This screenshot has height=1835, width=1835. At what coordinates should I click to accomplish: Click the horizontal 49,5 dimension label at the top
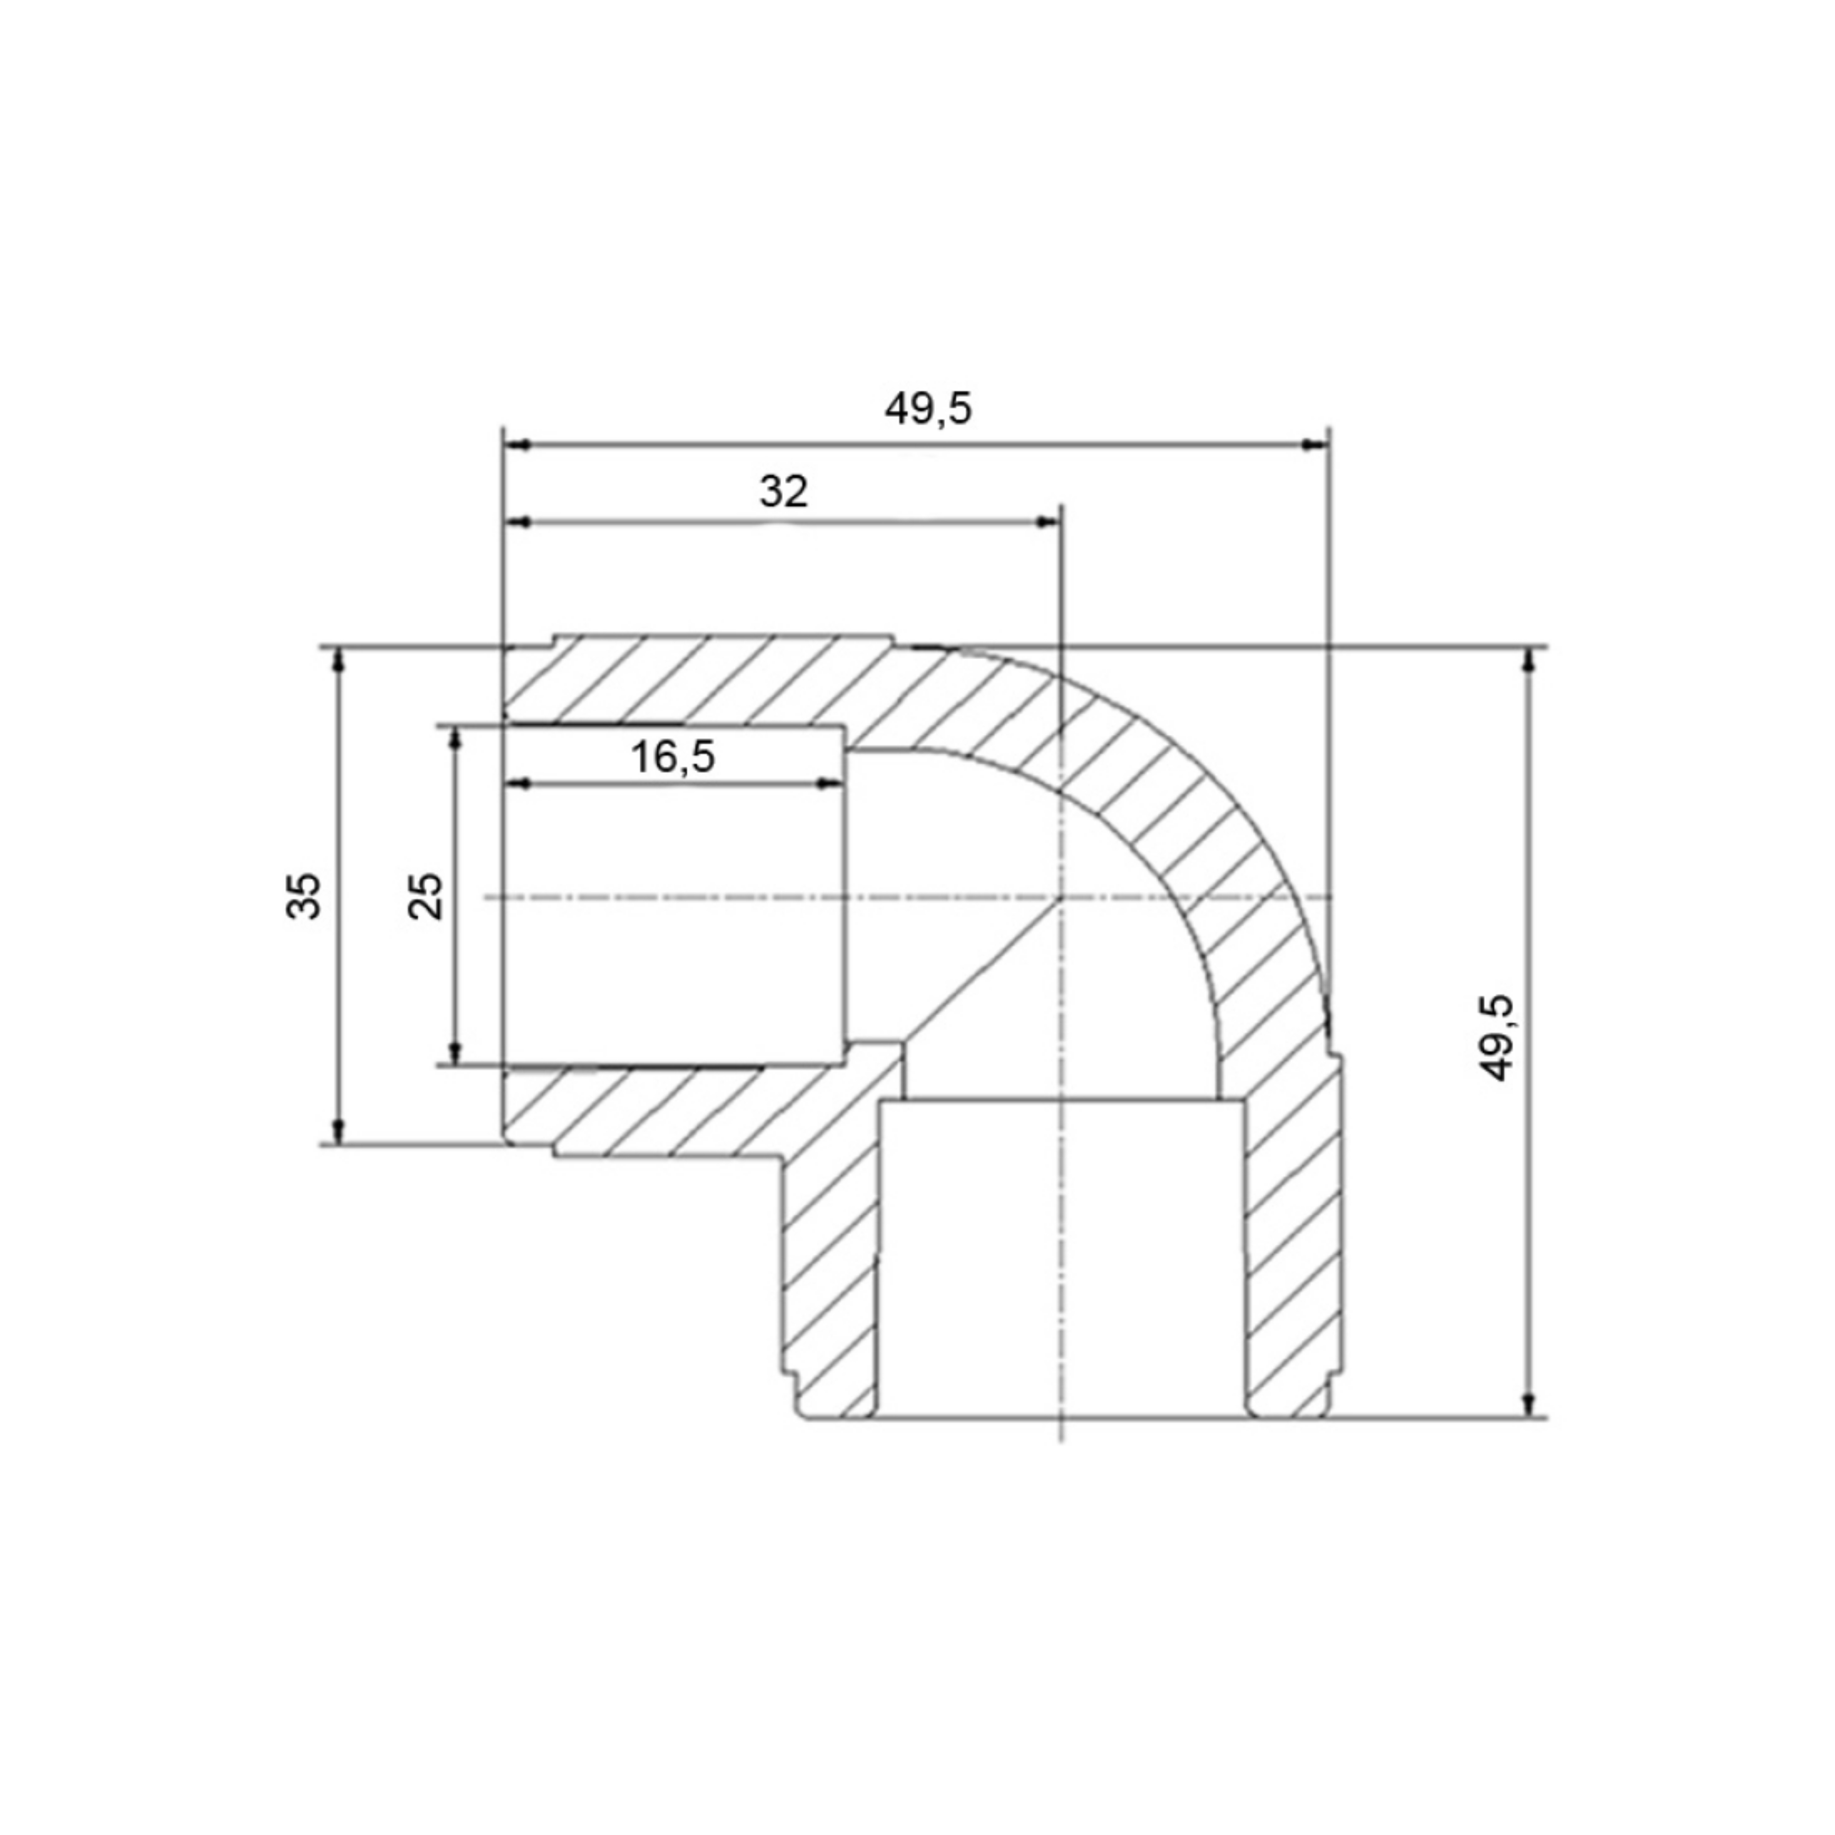tap(928, 409)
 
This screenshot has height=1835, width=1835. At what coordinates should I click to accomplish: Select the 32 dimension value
tap(784, 491)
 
